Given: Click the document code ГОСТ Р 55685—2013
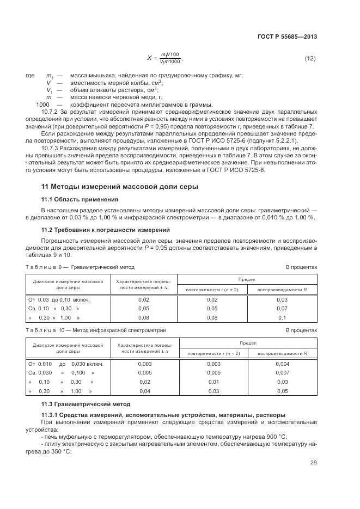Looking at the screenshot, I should click(x=287, y=36).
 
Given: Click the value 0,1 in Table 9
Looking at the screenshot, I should click(x=282, y=317).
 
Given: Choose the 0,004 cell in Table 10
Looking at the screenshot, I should click(x=282, y=364).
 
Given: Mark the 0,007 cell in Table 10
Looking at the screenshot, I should click(x=282, y=373).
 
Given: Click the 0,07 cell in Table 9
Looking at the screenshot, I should click(x=282, y=309).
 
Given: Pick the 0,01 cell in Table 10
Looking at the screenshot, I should click(x=213, y=382).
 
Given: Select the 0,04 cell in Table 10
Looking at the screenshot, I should click(x=145, y=391).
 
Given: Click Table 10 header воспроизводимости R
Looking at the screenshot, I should click(x=282, y=353).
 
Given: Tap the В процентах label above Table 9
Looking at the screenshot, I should click(x=301, y=267).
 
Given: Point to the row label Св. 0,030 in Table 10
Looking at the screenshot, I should click(x=40, y=373).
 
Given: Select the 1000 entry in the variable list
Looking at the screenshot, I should click(x=42, y=104).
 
